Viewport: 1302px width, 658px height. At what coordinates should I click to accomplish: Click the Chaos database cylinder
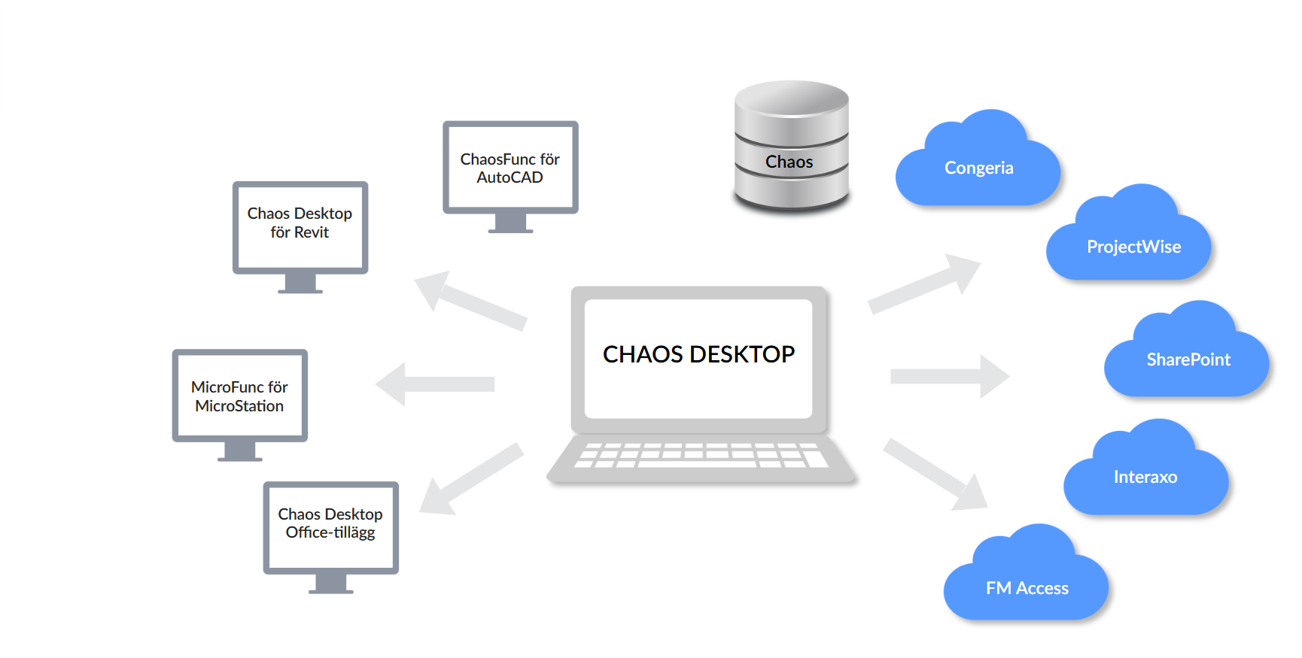tap(790, 147)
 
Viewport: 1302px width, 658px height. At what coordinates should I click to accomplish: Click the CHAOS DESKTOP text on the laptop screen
tap(698, 354)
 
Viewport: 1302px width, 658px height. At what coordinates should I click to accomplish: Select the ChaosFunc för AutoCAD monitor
tap(510, 168)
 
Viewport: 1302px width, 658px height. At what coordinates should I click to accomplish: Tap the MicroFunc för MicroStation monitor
tap(239, 396)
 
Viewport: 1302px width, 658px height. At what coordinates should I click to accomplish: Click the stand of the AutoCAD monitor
tap(510, 223)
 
